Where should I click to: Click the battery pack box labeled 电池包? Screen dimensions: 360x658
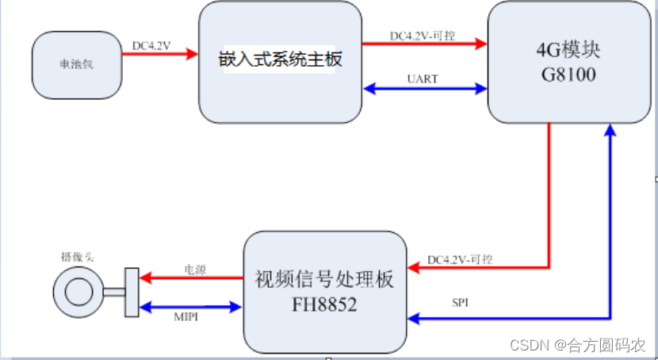[x=77, y=65]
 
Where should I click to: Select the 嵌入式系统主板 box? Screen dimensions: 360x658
[x=279, y=62]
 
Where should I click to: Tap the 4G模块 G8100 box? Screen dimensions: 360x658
[x=568, y=62]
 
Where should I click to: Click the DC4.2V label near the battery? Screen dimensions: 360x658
[x=152, y=45]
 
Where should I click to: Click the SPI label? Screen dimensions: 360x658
[x=460, y=304]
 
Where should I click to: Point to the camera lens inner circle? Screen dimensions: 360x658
[x=78, y=291]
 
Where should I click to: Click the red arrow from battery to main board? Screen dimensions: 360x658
[x=159, y=55]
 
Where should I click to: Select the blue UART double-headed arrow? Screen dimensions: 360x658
[x=425, y=90]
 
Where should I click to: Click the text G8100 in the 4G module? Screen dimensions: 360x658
[x=568, y=76]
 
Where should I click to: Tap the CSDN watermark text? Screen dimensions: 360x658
[x=577, y=345]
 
